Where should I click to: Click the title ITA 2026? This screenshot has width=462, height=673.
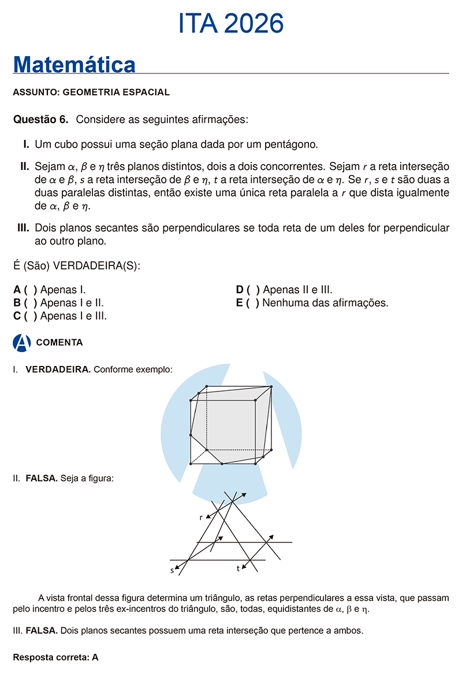[x=231, y=24]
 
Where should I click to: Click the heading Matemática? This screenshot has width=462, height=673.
[x=74, y=64]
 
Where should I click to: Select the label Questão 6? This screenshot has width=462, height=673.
[x=40, y=120]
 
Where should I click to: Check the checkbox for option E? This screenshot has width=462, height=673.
[x=252, y=303]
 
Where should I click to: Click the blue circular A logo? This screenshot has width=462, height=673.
[x=21, y=342]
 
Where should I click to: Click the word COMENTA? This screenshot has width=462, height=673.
[x=59, y=342]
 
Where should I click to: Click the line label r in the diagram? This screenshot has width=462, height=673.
[x=201, y=517]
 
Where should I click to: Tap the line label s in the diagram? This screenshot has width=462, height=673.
[x=172, y=570]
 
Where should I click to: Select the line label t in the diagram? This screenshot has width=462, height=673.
[x=238, y=569]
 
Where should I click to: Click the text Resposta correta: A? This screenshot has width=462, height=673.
[x=55, y=657]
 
